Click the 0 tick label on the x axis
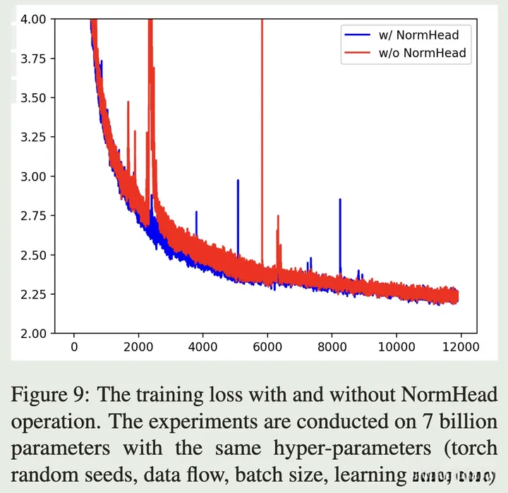74,346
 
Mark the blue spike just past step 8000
340,212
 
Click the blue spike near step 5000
238,197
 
